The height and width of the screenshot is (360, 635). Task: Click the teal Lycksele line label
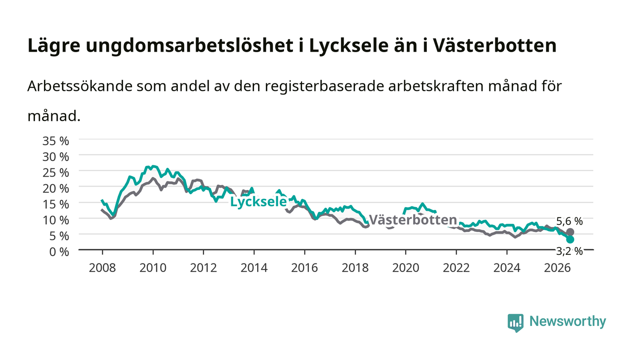pos(258,202)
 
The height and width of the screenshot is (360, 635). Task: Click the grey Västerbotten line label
pos(413,220)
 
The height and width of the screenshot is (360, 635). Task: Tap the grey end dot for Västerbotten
pos(570,232)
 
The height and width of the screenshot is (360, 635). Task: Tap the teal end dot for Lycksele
pos(570,239)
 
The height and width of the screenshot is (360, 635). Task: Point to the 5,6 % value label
pos(569,221)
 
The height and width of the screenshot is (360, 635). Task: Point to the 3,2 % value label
pos(569,251)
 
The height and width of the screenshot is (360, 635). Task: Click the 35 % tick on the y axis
pos(56,141)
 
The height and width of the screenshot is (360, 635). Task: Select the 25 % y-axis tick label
pos(56,173)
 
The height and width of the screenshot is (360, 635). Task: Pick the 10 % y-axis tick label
pos(56,220)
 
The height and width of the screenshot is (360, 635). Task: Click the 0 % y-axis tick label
pos(59,252)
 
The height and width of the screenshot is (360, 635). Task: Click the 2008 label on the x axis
pos(103,268)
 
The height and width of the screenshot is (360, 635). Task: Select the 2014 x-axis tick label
pos(254,268)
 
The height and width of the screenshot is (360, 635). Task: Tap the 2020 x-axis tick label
pos(405,268)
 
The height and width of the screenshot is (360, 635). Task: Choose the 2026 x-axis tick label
pos(557,268)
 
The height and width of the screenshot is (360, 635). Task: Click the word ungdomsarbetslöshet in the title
pos(190,46)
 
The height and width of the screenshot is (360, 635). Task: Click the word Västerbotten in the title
pos(495,45)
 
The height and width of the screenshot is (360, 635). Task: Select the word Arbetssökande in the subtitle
pos(80,86)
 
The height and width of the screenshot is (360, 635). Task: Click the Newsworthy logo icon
pos(515,323)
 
